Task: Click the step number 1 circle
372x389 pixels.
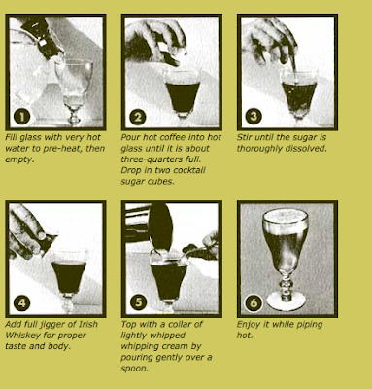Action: pos(22,117)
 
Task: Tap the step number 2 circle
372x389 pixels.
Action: pos(138,117)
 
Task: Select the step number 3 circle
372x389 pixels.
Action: pos(254,116)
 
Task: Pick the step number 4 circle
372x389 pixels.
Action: pos(22,303)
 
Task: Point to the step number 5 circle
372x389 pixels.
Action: pos(138,302)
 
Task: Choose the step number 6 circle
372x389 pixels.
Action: pos(254,302)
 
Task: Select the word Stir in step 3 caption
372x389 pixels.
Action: pos(244,137)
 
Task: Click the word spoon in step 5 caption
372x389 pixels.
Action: pos(134,369)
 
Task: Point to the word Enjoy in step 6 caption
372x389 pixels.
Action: pos(249,325)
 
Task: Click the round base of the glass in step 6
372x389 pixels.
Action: pos(286,301)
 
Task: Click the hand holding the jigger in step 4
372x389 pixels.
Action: pos(27,231)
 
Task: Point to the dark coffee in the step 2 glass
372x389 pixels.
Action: pos(183,96)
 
